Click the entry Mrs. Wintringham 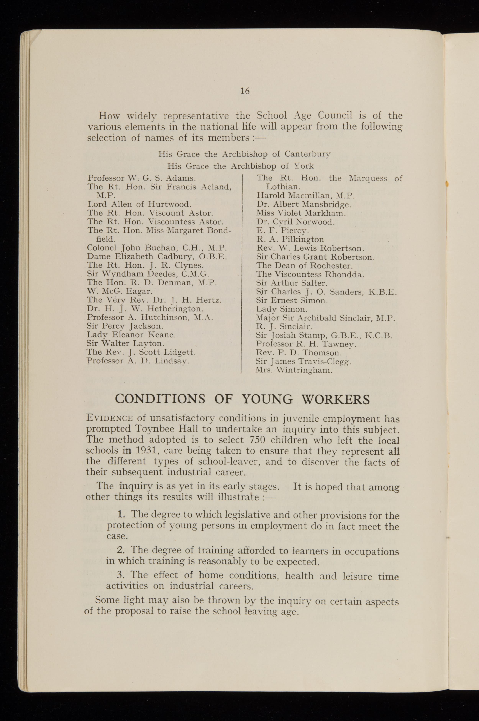[294, 370]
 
